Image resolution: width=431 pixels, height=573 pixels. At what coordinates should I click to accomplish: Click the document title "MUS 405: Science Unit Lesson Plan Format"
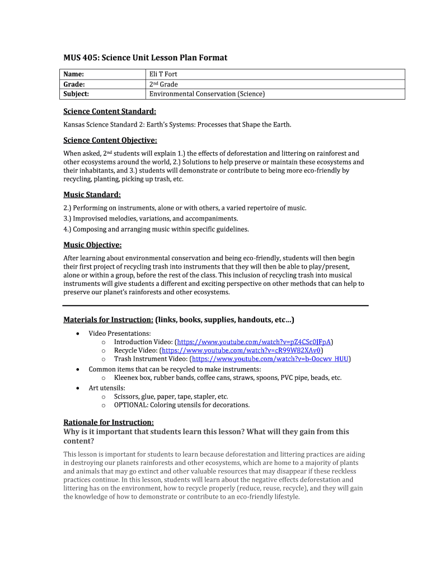point(145,58)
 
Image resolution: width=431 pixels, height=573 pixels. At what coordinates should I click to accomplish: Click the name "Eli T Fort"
point(163,74)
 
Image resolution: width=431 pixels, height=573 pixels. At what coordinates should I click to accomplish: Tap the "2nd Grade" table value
point(163,84)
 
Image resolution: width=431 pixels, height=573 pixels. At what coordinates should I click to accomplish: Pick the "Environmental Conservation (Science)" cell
point(207,94)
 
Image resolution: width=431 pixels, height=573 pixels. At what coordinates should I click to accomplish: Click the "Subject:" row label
point(76,94)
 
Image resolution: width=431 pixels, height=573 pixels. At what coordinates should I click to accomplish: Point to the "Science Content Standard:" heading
point(109,111)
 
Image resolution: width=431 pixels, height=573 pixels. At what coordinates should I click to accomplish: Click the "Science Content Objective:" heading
point(110,140)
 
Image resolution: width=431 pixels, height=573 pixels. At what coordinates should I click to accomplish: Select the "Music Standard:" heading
point(92,195)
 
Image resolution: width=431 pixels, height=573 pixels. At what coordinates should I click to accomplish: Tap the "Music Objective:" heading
point(92,245)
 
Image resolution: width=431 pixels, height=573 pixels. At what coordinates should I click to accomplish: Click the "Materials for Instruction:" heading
point(108,320)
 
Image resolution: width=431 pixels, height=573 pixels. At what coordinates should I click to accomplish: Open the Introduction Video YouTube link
point(255,341)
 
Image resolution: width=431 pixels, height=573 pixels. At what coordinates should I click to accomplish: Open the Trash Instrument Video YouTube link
point(270,359)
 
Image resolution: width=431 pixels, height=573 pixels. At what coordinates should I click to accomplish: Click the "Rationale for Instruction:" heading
point(108,422)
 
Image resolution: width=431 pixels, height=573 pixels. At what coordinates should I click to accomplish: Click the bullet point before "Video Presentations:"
point(76,334)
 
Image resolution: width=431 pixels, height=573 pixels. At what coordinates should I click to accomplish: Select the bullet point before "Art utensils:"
point(76,387)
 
